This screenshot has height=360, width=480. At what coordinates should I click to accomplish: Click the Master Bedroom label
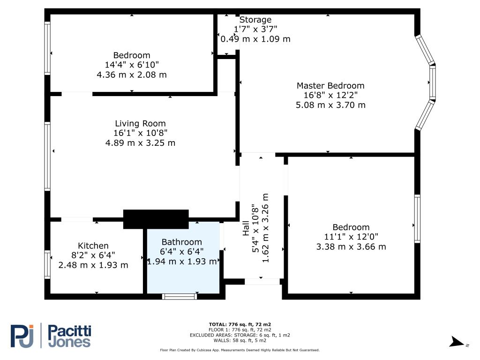pyautogui.click(x=330, y=85)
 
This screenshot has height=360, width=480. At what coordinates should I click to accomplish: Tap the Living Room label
pyautogui.click(x=140, y=123)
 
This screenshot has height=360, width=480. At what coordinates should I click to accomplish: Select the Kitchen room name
pyautogui.click(x=93, y=246)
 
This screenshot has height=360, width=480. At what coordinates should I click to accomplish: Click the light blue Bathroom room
pyautogui.click(x=183, y=258)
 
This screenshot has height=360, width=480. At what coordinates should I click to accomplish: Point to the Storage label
pyautogui.click(x=255, y=20)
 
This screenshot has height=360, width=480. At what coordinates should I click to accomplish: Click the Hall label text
pyautogui.click(x=246, y=228)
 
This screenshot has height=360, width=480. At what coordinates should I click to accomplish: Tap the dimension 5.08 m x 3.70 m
pyautogui.click(x=330, y=105)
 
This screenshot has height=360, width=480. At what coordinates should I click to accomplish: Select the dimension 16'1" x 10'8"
pyautogui.click(x=140, y=133)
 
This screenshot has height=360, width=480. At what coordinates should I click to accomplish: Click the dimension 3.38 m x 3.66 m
pyautogui.click(x=351, y=247)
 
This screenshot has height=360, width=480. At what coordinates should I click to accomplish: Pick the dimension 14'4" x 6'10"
pyautogui.click(x=132, y=65)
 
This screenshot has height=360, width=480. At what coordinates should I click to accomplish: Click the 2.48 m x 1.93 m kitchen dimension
pyautogui.click(x=93, y=265)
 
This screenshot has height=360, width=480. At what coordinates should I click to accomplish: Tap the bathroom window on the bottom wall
pyautogui.click(x=180, y=296)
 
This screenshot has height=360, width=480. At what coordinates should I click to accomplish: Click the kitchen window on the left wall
pyautogui.click(x=47, y=264)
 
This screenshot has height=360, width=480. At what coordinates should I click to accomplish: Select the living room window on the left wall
pyautogui.click(x=47, y=157)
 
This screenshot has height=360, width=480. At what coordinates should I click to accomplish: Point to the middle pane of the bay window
pyautogui.click(x=432, y=82)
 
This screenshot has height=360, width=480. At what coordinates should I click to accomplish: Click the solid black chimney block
pyautogui.click(x=156, y=219)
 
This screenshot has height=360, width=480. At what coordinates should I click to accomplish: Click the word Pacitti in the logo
pyautogui.click(x=70, y=331)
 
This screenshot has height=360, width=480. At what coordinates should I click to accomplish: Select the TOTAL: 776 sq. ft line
pyautogui.click(x=240, y=324)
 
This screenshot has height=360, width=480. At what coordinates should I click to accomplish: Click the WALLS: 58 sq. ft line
pyautogui.click(x=240, y=340)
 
